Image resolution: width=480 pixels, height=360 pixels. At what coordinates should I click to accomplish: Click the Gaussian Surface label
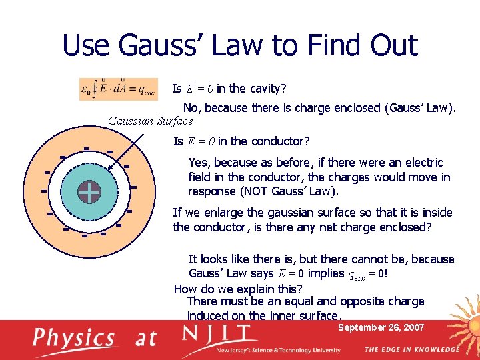pyautogui.click(x=150, y=121)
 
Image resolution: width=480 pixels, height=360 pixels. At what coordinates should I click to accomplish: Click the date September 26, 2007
pyautogui.click(x=381, y=327)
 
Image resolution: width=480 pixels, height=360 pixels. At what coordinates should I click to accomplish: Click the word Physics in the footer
pyautogui.click(x=74, y=338)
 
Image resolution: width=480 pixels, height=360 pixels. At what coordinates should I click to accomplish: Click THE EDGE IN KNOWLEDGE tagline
pyautogui.click(x=411, y=349)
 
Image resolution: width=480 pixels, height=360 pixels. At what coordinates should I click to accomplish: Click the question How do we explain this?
pyautogui.click(x=237, y=289)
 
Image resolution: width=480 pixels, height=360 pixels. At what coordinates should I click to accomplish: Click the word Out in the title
pyautogui.click(x=392, y=45)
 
